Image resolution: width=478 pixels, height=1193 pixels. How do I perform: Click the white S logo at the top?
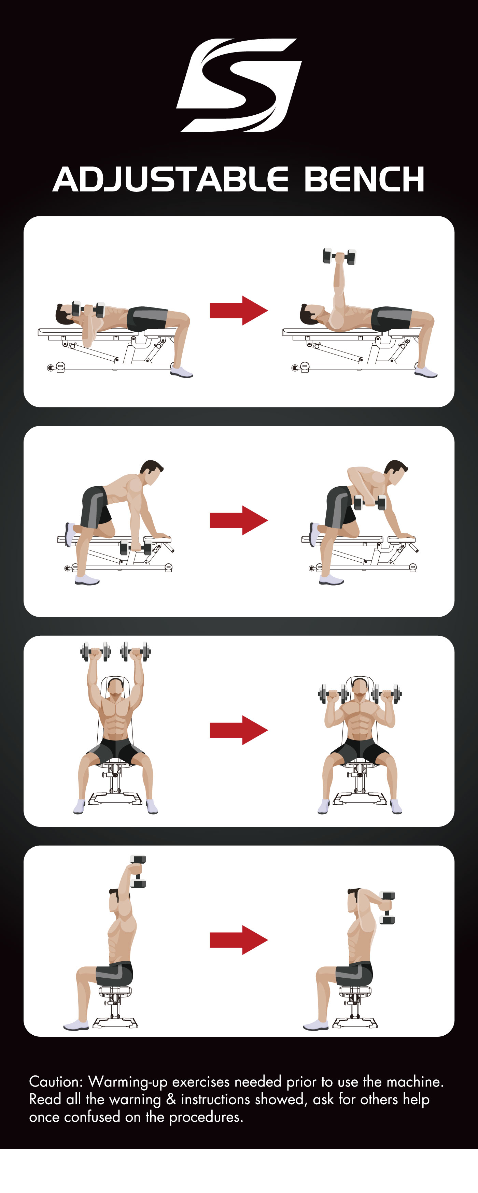239,86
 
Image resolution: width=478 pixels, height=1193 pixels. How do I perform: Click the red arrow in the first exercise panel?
239,310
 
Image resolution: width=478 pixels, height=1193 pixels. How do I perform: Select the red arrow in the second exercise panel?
239,520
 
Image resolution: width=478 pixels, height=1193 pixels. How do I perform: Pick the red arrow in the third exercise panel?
239,730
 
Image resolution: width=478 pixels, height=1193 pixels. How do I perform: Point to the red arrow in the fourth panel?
239,940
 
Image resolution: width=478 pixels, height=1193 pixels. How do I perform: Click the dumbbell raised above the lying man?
339,256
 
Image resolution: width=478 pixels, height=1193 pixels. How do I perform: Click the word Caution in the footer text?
56,1082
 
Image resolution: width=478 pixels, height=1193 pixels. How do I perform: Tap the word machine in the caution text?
415,1082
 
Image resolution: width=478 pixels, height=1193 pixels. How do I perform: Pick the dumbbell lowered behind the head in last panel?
387,908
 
